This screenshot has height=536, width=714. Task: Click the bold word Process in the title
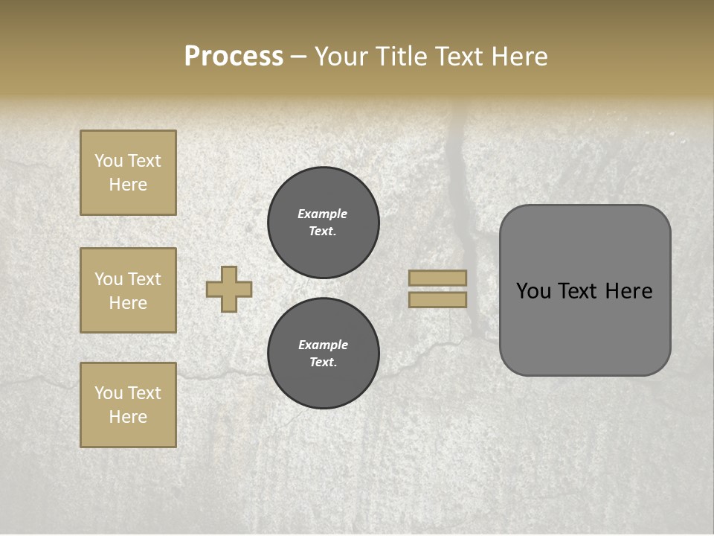(x=234, y=57)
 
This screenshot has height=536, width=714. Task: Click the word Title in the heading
(x=403, y=57)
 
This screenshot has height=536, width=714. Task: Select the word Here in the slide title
(x=520, y=57)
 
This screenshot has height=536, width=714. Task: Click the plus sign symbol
(x=229, y=289)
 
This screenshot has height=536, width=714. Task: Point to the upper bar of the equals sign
(x=437, y=278)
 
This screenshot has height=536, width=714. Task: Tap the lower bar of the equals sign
(x=437, y=300)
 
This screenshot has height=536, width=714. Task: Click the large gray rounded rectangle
(x=585, y=328)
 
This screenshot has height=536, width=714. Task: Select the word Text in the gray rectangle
(x=578, y=291)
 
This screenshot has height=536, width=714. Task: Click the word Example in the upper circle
(x=323, y=214)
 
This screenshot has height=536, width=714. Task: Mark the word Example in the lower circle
(x=323, y=345)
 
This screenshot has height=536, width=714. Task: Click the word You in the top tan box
(x=108, y=161)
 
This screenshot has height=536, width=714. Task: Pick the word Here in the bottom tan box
(x=128, y=417)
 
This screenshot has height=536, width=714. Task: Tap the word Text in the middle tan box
(x=144, y=279)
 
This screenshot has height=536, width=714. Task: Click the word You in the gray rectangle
(x=533, y=291)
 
